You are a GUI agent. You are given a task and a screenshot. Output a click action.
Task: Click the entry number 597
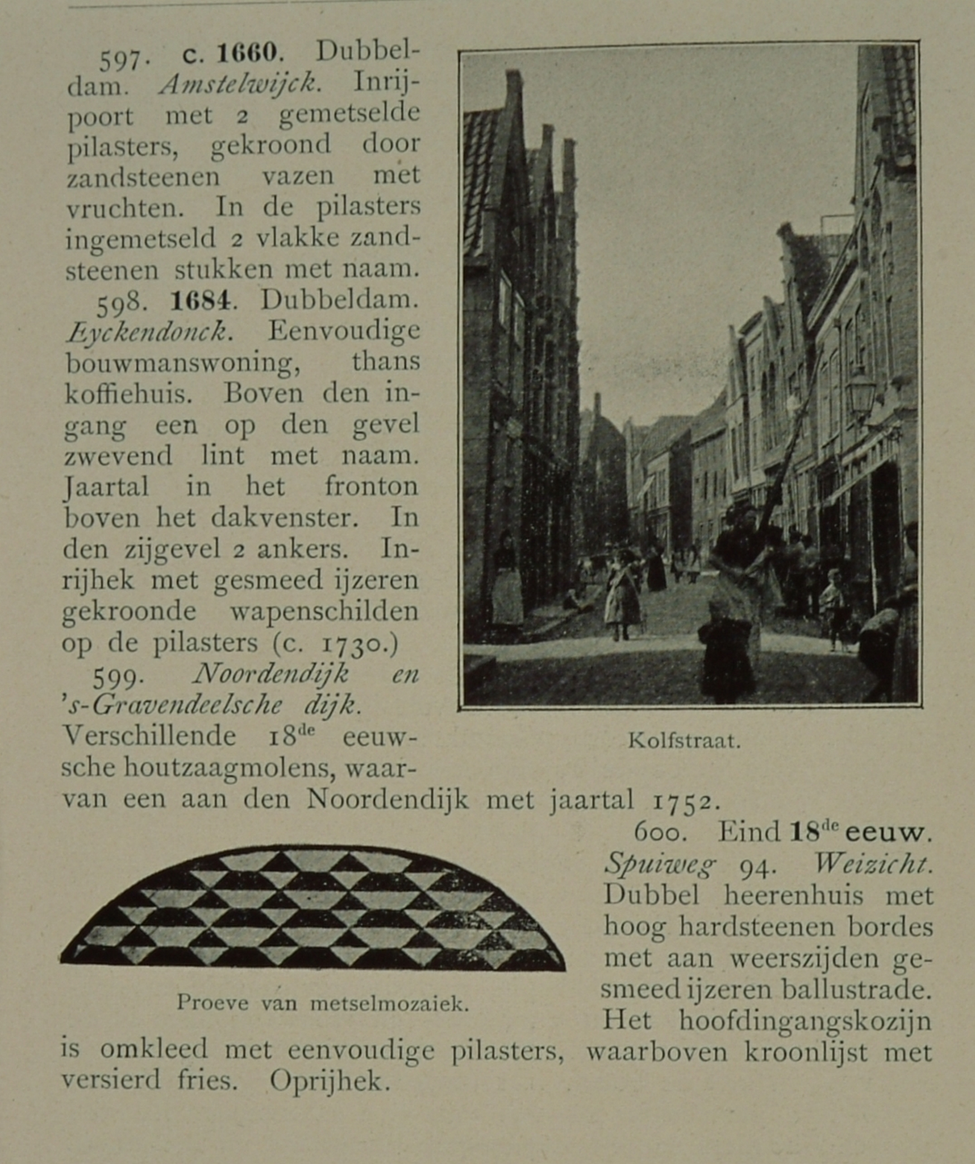[x=119, y=59]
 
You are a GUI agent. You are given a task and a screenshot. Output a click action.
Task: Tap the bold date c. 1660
[x=230, y=54]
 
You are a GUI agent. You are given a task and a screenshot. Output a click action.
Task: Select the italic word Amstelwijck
[x=238, y=85]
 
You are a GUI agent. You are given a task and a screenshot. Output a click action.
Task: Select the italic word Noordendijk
[x=270, y=675]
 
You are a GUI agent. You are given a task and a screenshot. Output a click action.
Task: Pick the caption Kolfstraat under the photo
[x=684, y=741]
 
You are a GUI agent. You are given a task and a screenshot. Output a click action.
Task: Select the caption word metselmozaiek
[x=390, y=1004]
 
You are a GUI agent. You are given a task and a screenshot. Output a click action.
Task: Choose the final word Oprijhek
[x=330, y=1082]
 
